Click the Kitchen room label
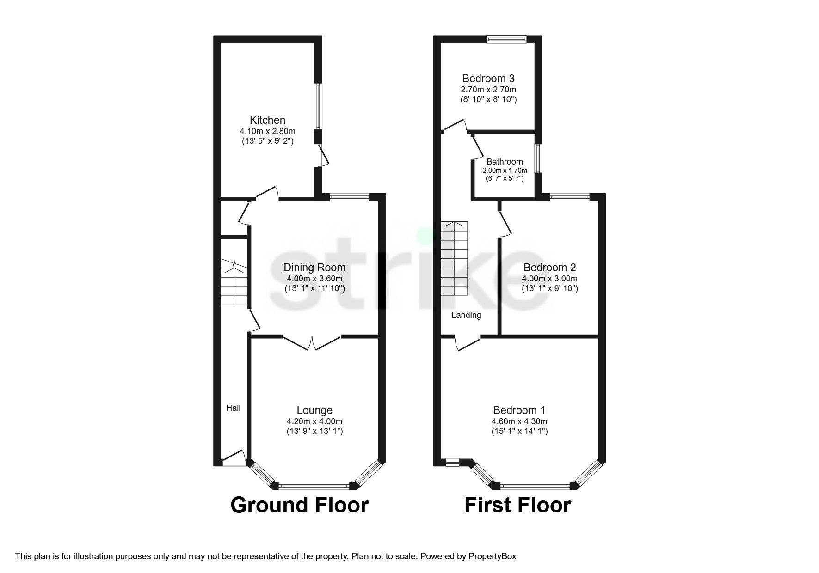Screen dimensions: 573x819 [267, 120]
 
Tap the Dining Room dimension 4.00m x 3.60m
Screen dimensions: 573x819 [314, 279]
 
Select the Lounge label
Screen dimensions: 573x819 [314, 410]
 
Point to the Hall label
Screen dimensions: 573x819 [234, 408]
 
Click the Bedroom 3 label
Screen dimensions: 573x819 [488, 79]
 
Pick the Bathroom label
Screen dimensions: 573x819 [505, 162]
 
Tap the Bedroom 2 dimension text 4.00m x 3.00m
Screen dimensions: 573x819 [549, 279]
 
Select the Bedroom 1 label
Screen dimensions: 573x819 [519, 410]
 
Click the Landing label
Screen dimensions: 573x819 [466, 315]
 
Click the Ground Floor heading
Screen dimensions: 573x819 [299, 505]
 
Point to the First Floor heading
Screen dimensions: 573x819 [517, 505]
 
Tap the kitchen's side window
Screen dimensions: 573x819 [318, 106]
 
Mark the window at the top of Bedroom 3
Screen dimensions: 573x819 [506, 40]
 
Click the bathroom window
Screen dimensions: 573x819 [538, 158]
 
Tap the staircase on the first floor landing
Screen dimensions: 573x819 [454, 259]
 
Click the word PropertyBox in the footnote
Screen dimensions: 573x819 [492, 556]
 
